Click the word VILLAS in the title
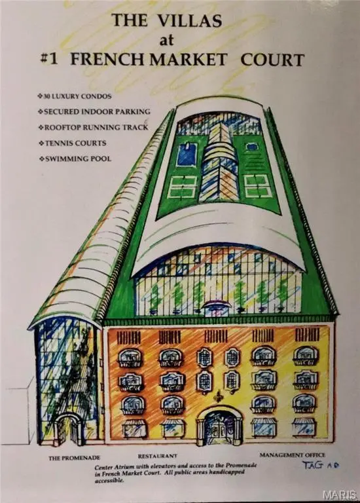pyautogui.click(x=190, y=21)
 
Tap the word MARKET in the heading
pyautogui.click(x=189, y=60)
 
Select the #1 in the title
pyautogui.click(x=50, y=60)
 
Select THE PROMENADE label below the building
pyautogui.click(x=75, y=458)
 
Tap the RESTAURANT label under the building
pyautogui.click(x=157, y=456)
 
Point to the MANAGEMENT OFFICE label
pyautogui.click(x=292, y=455)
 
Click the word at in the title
pyautogui.click(x=167, y=41)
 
